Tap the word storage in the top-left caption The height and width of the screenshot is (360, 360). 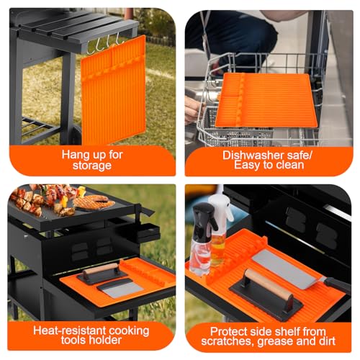(x=91, y=166)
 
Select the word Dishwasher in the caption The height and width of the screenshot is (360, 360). (x=246, y=155)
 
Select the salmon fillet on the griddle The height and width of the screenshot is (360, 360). (x=94, y=202)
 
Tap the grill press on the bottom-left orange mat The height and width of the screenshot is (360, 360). (x=102, y=274)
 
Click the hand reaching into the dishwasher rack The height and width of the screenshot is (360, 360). (x=192, y=108)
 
